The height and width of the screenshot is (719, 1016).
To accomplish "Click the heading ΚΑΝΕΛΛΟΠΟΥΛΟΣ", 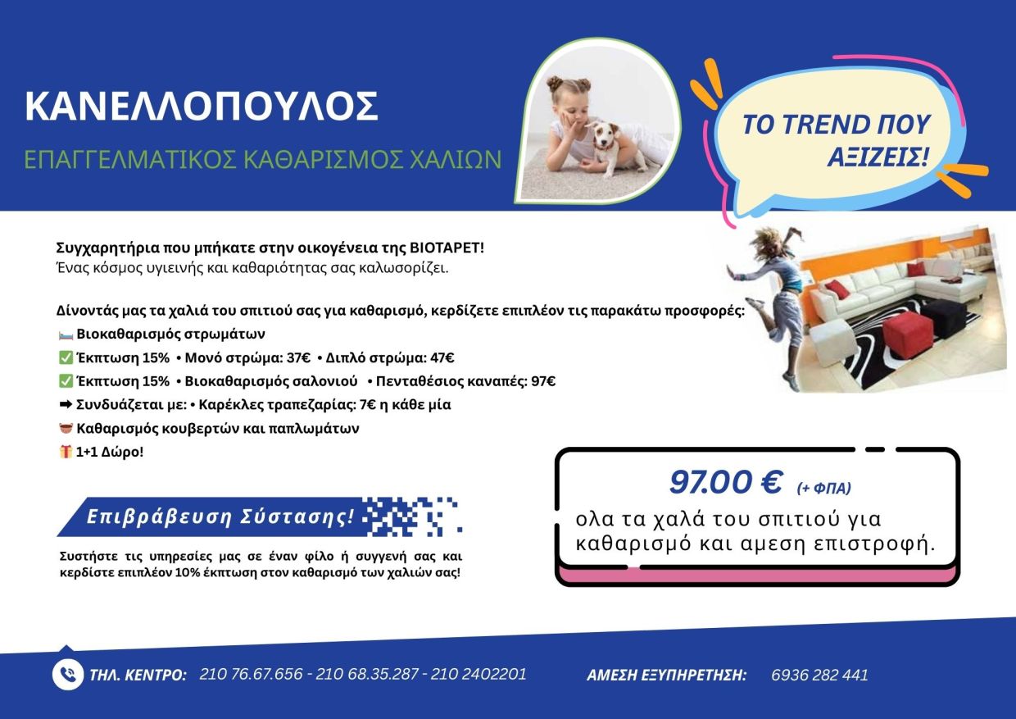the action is pyautogui.click(x=202, y=106).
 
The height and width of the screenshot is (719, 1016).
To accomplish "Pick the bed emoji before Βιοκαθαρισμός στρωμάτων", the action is pyautogui.click(x=66, y=335).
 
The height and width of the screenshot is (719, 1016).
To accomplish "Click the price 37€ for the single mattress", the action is pyautogui.click(x=298, y=358).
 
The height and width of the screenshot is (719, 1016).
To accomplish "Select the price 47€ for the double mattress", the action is pyautogui.click(x=442, y=358).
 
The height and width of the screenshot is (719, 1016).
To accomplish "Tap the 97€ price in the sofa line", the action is pyautogui.click(x=543, y=381).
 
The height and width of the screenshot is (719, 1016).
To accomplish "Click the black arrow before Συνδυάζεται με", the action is pyautogui.click(x=66, y=404).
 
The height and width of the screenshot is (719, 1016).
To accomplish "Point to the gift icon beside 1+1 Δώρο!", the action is pyautogui.click(x=66, y=452).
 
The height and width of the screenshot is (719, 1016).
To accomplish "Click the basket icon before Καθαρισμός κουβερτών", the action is pyautogui.click(x=66, y=428).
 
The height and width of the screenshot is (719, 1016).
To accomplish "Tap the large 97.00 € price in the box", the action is pyautogui.click(x=726, y=482).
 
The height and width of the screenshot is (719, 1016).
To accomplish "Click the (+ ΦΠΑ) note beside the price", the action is pyautogui.click(x=824, y=489).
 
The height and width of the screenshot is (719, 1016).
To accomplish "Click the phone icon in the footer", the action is pyautogui.click(x=67, y=675).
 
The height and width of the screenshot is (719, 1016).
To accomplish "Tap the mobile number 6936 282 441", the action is pyautogui.click(x=819, y=675).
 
